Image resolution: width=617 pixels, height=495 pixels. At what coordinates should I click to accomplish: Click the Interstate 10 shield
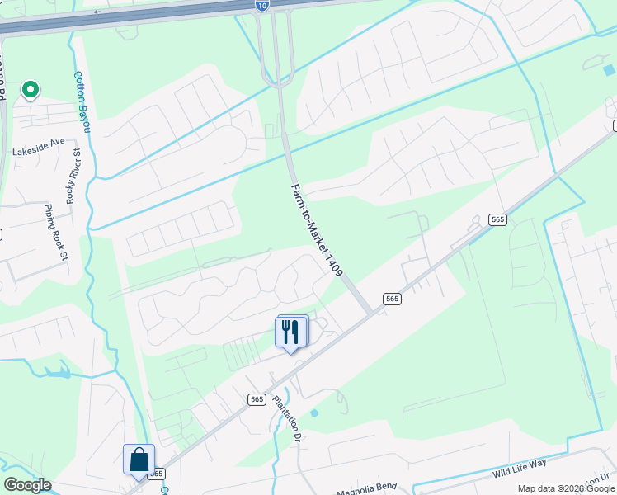tap(261, 6)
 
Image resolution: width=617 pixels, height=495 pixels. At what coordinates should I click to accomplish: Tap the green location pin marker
tap(31, 88)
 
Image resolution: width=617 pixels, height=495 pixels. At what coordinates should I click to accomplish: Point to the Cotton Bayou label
tap(82, 101)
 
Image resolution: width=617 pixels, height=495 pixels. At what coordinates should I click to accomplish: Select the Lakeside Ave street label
tap(38, 142)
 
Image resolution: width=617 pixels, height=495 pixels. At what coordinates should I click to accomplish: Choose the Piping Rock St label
tap(55, 233)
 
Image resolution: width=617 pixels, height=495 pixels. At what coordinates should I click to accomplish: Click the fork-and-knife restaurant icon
tap(290, 332)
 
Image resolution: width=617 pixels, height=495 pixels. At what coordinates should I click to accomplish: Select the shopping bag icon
tap(139, 459)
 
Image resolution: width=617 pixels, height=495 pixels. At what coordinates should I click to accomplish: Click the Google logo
tap(27, 485)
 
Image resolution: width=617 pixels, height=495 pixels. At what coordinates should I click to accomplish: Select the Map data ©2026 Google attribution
tap(567, 488)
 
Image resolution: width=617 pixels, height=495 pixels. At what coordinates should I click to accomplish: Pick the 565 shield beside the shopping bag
tap(157, 474)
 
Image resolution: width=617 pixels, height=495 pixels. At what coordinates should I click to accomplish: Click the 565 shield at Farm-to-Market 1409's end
tap(392, 299)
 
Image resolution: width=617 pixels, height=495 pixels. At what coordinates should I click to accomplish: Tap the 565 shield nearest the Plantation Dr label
tap(257, 399)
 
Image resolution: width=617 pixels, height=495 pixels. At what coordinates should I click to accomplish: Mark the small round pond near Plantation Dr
tap(313, 412)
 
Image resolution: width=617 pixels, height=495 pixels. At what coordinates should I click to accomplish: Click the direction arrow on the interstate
tap(97, 12)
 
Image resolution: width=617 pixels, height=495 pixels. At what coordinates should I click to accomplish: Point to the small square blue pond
tap(609, 70)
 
